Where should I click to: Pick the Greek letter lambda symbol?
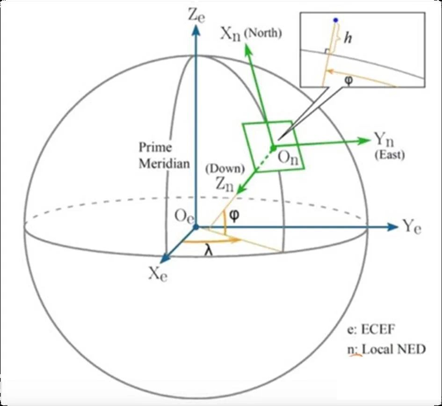point(209,251)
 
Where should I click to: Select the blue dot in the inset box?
point(335,20)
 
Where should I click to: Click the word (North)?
point(262,34)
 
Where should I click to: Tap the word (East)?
point(389,155)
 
